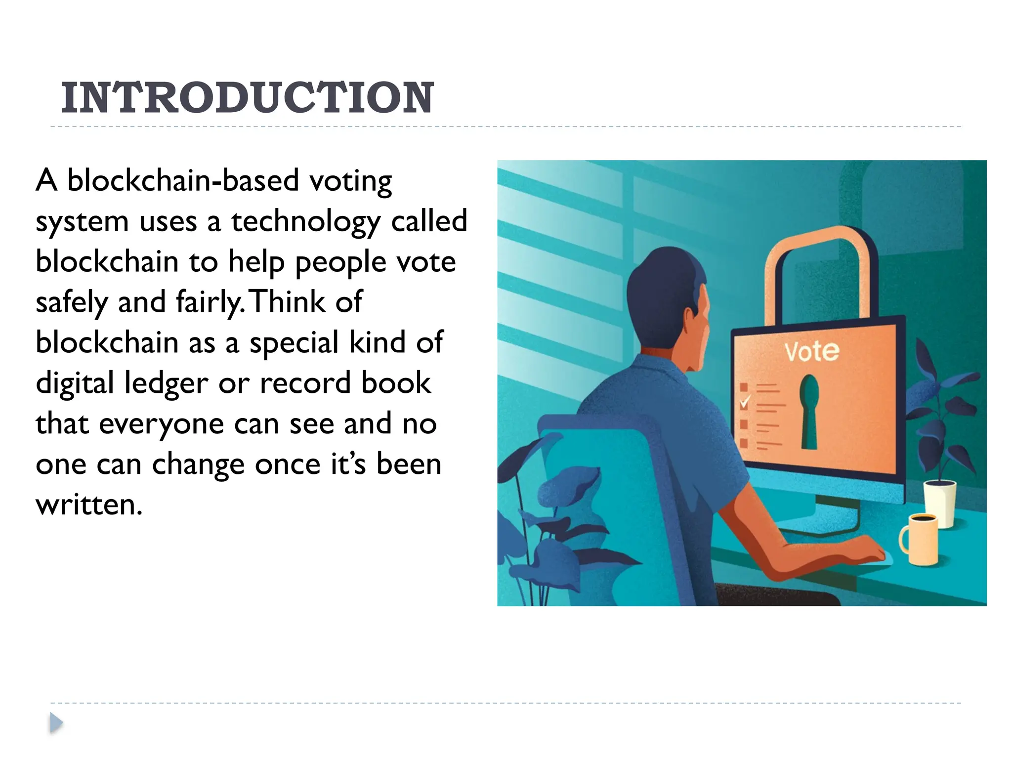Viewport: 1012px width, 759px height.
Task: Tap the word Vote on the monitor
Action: [x=811, y=351]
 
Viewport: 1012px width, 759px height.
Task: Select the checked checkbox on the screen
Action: [x=744, y=402]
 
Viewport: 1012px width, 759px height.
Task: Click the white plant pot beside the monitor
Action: [x=939, y=502]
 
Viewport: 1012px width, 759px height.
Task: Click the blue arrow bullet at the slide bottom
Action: [x=56, y=723]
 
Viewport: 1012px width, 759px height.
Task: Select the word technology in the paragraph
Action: [x=305, y=221]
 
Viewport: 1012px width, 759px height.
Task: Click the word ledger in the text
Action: [x=167, y=383]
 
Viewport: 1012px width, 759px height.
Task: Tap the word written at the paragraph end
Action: [x=89, y=505]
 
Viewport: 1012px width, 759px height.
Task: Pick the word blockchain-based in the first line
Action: [x=183, y=181]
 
